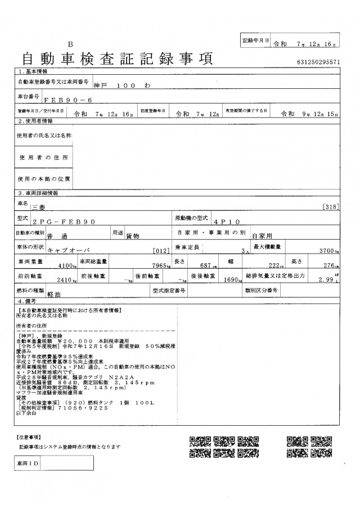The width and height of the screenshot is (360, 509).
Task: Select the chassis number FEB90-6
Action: pos(58,98)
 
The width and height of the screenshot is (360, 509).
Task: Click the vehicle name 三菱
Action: pos(41,208)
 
